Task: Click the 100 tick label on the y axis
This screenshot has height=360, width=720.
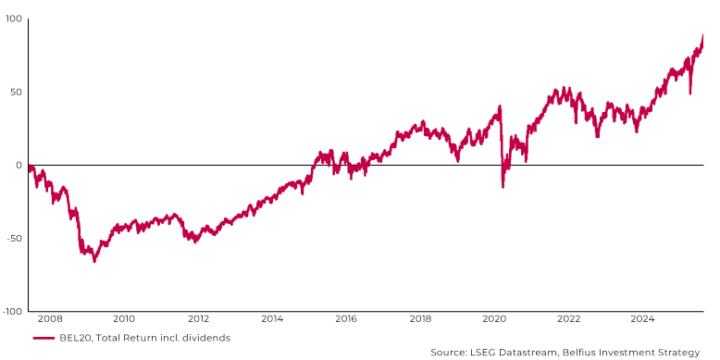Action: tap(14, 19)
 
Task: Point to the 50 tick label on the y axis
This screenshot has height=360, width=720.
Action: tap(17, 93)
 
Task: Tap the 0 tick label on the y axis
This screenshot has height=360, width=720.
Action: tap(19, 166)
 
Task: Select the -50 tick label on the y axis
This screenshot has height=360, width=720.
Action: tap(13, 239)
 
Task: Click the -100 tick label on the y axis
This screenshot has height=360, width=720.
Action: tap(11, 312)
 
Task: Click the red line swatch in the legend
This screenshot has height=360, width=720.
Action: tap(43, 338)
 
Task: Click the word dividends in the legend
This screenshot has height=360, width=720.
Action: tap(205, 338)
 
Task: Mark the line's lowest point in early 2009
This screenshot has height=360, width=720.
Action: tap(93, 261)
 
